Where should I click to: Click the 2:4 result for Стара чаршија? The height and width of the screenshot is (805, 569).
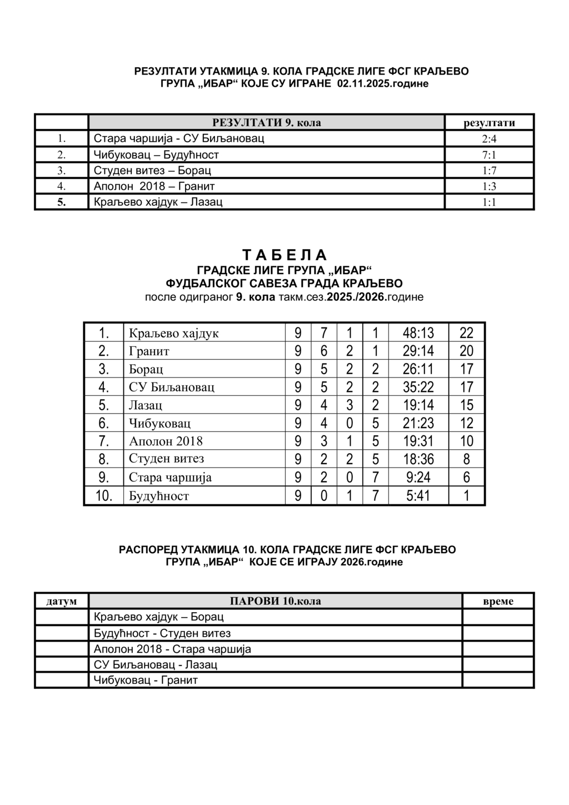click(x=489, y=139)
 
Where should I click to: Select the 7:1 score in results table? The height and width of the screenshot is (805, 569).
click(x=489, y=155)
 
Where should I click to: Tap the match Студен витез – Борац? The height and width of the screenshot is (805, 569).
click(x=152, y=171)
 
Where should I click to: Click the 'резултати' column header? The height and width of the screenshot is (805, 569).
click(x=489, y=123)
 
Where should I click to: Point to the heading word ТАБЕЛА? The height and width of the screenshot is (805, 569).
click(x=284, y=255)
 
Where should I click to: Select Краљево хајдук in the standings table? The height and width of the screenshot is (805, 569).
click(x=174, y=334)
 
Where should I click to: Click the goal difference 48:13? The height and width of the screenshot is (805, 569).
click(x=418, y=333)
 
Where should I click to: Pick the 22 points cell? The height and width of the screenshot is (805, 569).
click(x=466, y=333)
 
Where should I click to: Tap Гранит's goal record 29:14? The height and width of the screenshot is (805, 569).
click(x=418, y=351)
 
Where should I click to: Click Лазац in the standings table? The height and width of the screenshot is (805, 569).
click(x=146, y=405)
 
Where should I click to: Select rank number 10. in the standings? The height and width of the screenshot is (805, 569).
click(x=103, y=495)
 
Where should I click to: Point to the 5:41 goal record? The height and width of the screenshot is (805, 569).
click(x=418, y=495)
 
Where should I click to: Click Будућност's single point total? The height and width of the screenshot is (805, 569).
click(x=466, y=495)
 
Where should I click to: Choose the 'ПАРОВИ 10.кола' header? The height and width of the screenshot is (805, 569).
click(x=275, y=601)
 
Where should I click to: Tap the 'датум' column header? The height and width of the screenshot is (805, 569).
click(x=62, y=601)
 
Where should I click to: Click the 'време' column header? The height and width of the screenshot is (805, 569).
click(x=498, y=601)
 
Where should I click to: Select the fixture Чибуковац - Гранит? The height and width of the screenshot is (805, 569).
click(x=146, y=680)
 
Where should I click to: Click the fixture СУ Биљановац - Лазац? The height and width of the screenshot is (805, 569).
click(x=156, y=664)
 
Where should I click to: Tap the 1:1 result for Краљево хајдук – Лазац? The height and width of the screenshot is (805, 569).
click(x=489, y=202)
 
